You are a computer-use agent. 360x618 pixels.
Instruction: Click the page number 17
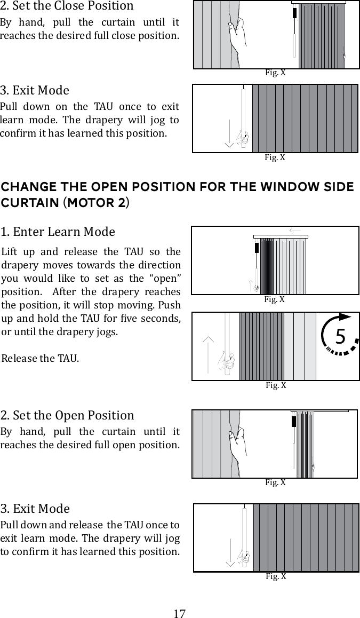[180, 613]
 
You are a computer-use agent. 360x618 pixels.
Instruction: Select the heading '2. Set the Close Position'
[67, 6]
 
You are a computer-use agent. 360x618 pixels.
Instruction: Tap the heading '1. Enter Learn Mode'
[58, 232]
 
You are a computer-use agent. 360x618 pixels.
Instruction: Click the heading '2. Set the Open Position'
[67, 415]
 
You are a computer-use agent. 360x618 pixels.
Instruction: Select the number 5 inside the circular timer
[340, 337]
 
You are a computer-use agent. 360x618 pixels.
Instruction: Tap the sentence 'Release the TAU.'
[41, 358]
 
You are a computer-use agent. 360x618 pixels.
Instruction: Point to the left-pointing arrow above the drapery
[295, 231]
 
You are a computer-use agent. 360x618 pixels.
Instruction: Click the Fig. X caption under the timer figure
[275, 385]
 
